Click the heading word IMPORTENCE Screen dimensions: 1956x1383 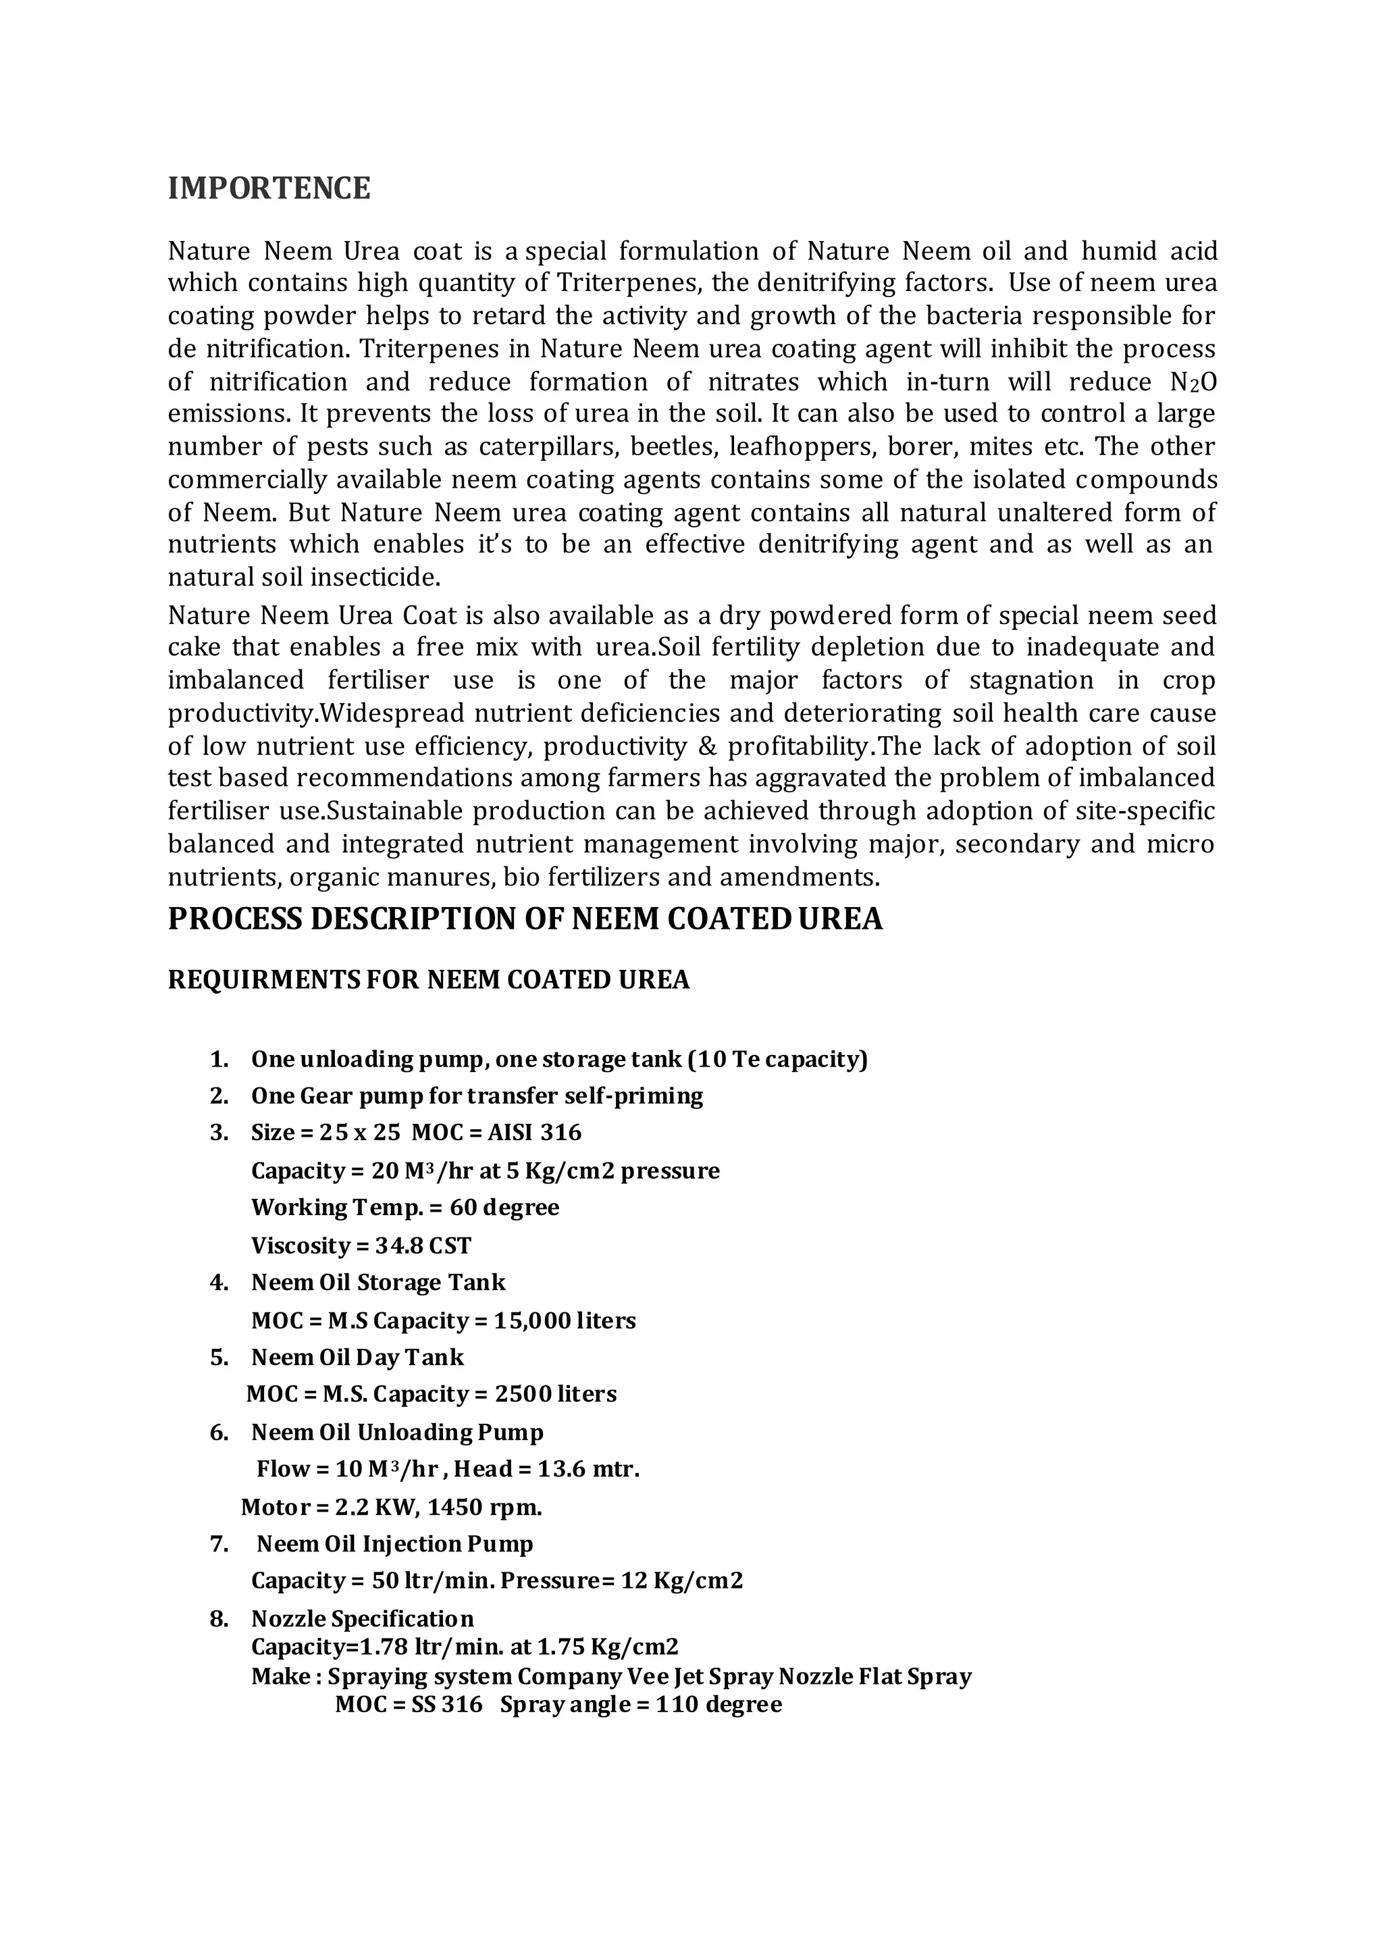pyautogui.click(x=269, y=188)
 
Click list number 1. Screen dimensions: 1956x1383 pyautogui.click(x=219, y=1060)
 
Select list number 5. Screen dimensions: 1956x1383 pyautogui.click(x=219, y=1358)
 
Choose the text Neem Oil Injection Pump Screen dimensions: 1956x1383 pyautogui.click(x=395, y=1545)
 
